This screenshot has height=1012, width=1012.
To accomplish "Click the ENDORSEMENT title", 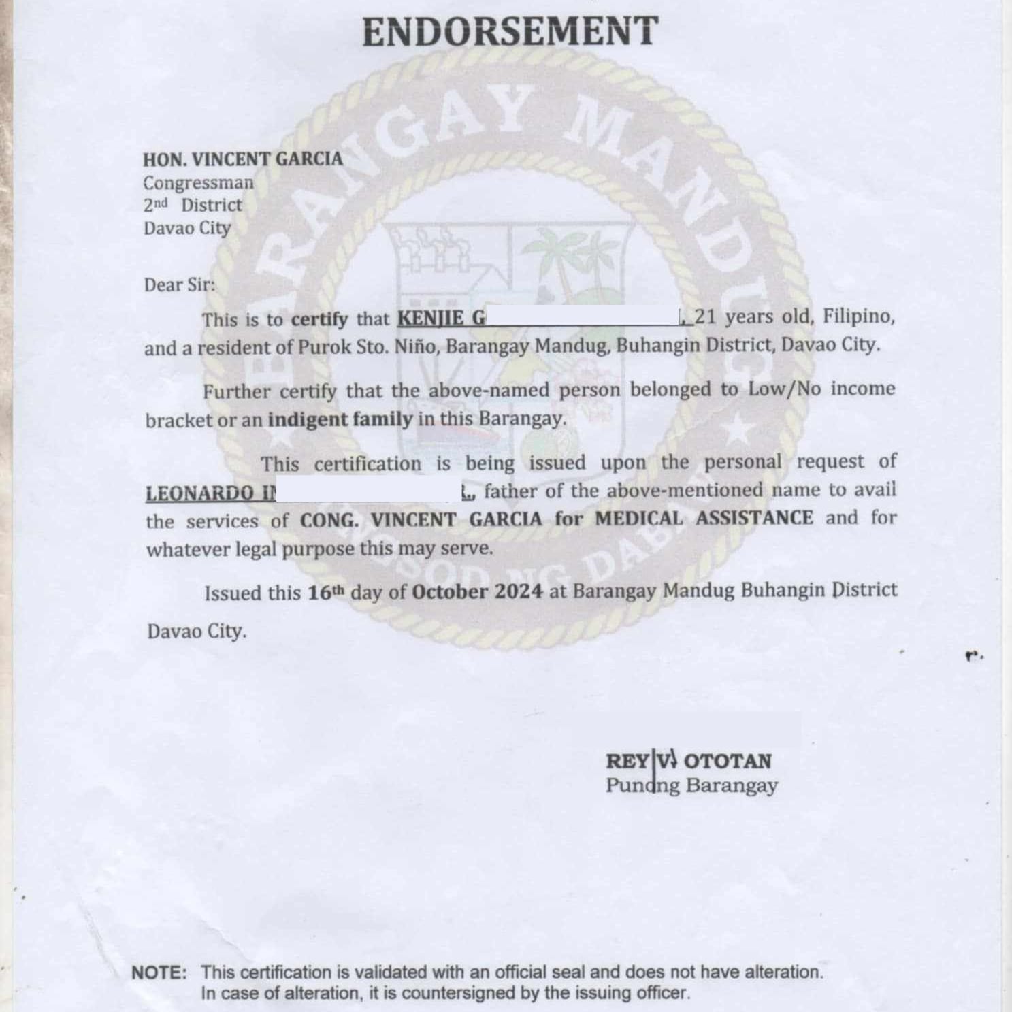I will tap(510, 32).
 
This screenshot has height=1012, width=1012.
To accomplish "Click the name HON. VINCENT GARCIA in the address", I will tap(242, 159).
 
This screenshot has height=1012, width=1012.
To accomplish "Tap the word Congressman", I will tap(198, 183).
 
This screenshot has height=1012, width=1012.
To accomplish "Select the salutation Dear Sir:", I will tap(179, 284).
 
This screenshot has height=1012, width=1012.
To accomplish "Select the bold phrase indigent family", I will tap(340, 419).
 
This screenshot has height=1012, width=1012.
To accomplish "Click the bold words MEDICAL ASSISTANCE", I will tap(704, 519).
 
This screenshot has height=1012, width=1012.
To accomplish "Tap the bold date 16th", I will tap(326, 593).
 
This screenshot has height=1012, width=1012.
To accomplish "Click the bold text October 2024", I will tap(477, 591).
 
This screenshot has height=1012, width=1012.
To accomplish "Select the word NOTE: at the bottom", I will tap(159, 973).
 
